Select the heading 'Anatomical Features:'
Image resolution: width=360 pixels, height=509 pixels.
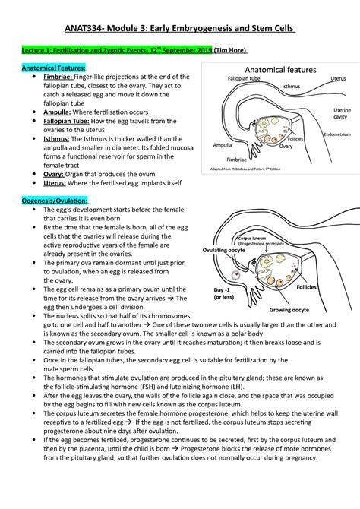pyautogui.click(x=51, y=67)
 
